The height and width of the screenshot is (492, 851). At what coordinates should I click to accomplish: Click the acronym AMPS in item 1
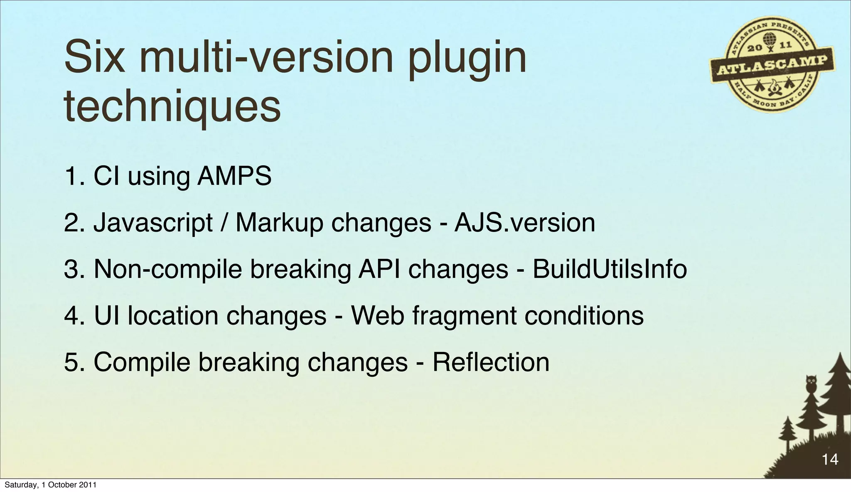point(234,176)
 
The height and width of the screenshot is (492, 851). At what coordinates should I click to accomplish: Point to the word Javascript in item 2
point(153,223)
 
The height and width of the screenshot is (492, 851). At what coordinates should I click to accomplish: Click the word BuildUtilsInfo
point(610,269)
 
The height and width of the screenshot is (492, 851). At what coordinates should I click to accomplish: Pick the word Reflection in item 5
point(491,362)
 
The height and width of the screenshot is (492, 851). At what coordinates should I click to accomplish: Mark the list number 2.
point(71,223)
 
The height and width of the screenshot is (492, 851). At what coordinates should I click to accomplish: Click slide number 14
point(830,459)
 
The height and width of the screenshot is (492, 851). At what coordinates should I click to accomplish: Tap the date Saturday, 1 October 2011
point(50,485)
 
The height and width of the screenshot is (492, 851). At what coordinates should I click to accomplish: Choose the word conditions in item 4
point(584,316)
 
